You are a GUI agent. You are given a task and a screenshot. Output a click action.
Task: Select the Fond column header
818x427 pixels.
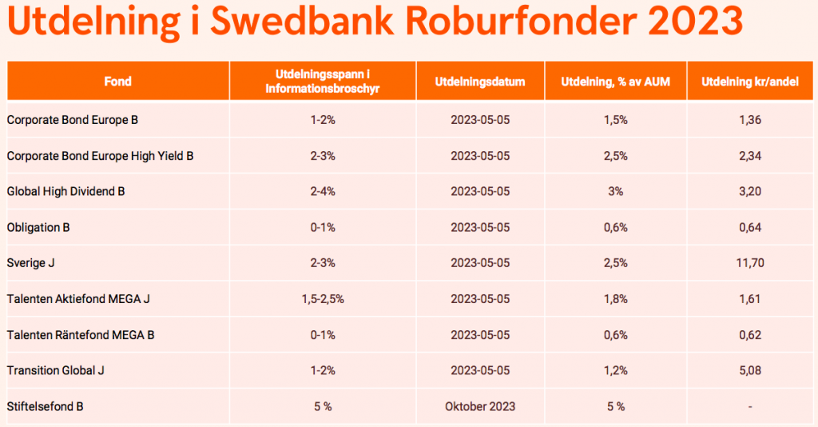click(117, 82)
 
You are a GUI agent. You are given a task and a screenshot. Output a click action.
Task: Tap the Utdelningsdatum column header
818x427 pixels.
click(480, 82)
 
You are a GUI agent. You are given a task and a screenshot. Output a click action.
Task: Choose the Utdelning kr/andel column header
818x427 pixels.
click(750, 82)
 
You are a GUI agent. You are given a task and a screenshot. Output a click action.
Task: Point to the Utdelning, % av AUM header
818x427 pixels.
click(615, 82)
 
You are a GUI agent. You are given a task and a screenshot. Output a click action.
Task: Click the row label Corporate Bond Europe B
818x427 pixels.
click(73, 120)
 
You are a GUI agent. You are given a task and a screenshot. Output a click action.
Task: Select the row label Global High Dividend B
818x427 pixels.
click(66, 192)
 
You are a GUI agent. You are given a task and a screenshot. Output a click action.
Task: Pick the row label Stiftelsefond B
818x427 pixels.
click(45, 406)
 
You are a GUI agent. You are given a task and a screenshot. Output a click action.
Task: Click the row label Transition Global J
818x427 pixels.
click(56, 370)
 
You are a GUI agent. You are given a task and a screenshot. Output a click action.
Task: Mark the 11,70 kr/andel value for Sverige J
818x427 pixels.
click(750, 263)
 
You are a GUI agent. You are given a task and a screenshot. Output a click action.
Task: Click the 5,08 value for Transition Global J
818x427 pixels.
click(750, 370)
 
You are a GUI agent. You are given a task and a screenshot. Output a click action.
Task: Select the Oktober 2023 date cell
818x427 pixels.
click(480, 406)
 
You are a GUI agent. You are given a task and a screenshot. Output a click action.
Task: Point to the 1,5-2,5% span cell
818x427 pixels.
click(322, 299)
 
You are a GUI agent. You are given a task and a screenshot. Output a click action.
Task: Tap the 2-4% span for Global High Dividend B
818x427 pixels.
click(322, 192)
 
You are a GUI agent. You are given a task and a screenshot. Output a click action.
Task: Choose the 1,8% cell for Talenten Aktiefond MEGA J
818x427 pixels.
click(615, 299)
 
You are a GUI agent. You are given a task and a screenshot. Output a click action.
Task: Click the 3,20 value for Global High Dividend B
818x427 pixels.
click(750, 192)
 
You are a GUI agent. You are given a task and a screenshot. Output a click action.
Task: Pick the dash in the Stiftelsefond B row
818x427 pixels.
click(750, 407)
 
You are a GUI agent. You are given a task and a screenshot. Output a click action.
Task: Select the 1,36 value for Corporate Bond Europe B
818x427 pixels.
click(750, 120)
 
